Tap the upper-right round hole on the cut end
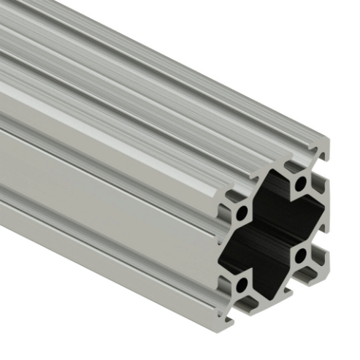pos(299,183)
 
